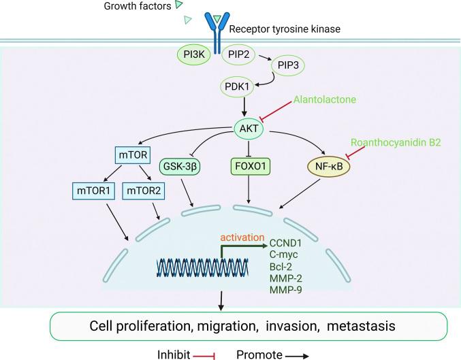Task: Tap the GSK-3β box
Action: point(180,166)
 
